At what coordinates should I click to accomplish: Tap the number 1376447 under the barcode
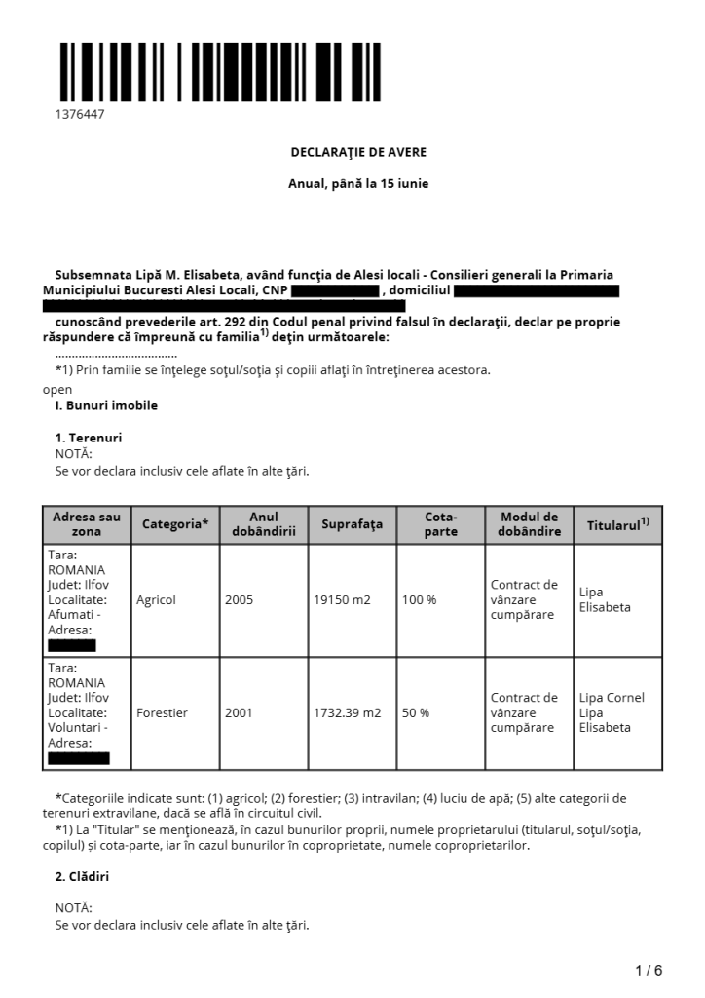80,115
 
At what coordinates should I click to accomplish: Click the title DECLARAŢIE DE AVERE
358,152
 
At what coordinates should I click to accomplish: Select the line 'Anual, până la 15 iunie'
358,183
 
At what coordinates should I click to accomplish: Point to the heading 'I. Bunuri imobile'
106,405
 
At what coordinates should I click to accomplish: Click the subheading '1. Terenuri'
89,438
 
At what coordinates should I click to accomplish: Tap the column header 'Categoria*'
175,524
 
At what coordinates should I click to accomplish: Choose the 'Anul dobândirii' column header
263,524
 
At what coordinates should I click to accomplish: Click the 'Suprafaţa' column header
352,524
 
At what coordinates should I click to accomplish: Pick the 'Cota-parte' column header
440,524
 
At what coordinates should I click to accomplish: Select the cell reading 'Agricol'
157,599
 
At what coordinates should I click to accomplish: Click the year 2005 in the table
239,599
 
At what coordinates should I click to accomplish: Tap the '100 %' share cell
420,599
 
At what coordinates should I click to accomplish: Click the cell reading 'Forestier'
163,712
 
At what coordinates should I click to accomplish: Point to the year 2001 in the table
239,712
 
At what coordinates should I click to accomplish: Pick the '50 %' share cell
416,712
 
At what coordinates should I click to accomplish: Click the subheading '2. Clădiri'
82,876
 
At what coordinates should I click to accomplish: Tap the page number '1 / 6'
649,970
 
